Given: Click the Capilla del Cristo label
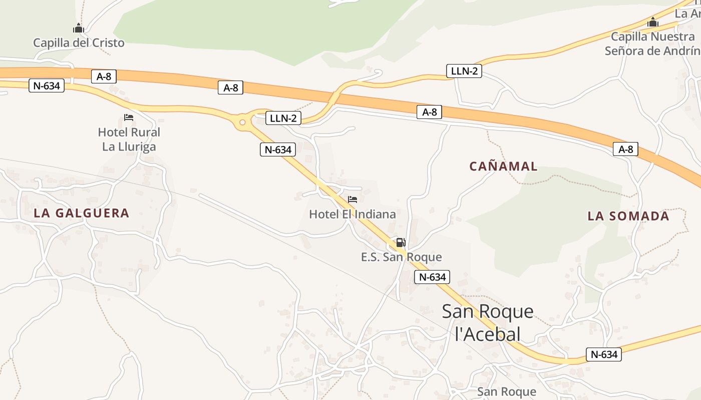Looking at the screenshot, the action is click(x=79, y=43).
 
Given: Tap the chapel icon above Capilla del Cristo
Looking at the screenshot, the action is click(x=78, y=28).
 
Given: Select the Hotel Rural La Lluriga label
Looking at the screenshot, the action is click(x=129, y=139).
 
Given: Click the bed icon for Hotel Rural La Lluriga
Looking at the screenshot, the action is click(x=129, y=118).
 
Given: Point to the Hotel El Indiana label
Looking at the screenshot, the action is click(x=352, y=214).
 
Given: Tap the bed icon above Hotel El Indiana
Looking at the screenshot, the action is click(x=353, y=199).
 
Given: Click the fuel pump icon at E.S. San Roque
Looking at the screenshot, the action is click(x=401, y=243).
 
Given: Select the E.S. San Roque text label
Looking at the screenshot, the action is click(x=402, y=257).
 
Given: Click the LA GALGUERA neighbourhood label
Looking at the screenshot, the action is click(x=82, y=213).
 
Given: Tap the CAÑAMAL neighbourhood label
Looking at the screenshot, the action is click(x=503, y=166).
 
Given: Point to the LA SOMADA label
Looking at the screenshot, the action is click(x=628, y=216).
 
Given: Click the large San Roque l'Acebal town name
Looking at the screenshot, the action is click(x=488, y=322).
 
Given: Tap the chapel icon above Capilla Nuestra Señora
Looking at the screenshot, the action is click(x=652, y=22).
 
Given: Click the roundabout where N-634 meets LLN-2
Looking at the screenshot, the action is click(x=242, y=122).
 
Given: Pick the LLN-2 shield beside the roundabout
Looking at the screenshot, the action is click(x=283, y=118).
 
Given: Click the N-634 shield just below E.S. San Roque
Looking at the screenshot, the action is click(x=432, y=277).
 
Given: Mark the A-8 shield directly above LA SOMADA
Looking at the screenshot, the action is click(x=625, y=149).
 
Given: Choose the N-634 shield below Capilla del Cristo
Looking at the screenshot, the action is click(x=47, y=86).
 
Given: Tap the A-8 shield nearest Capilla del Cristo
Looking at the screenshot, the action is click(x=104, y=76).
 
